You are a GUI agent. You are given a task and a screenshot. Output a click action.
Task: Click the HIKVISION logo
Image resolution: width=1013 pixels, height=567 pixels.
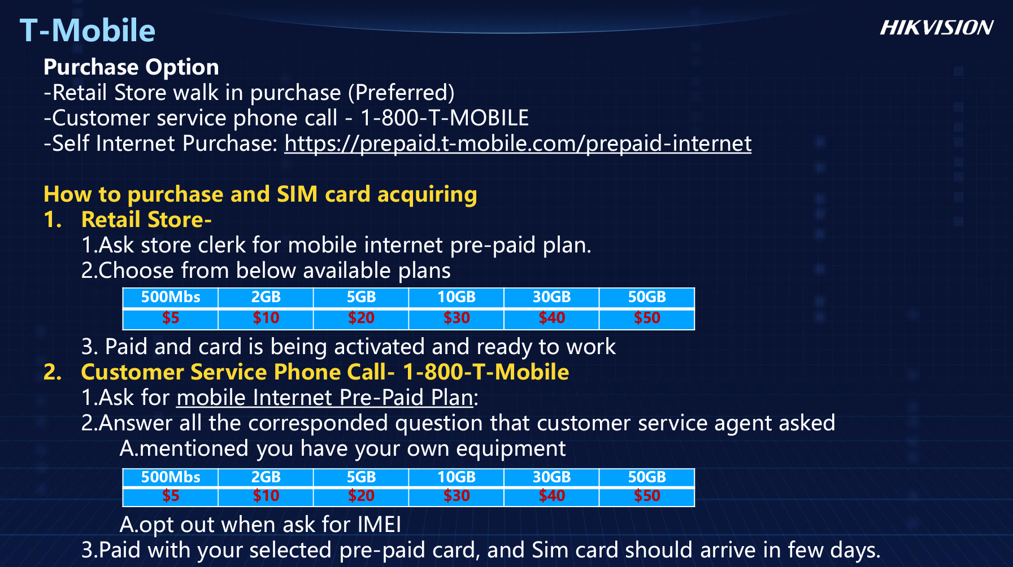point(936,28)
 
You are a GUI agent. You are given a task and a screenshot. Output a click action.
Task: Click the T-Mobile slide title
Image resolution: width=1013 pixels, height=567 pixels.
point(88,30)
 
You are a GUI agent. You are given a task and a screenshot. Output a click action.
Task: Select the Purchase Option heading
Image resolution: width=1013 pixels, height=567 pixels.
point(131,67)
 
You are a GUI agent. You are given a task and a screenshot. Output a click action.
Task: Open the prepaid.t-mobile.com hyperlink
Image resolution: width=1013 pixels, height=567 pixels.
point(518,143)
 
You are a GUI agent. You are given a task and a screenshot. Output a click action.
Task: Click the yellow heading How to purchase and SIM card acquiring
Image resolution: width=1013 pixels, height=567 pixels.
point(260,194)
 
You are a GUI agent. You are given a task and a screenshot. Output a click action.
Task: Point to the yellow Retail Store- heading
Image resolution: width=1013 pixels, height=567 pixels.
point(146,220)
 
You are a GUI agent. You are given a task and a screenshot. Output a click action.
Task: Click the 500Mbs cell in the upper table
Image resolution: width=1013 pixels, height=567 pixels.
point(171,297)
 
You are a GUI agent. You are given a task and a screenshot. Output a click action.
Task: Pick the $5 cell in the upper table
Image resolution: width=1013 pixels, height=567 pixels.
point(171,319)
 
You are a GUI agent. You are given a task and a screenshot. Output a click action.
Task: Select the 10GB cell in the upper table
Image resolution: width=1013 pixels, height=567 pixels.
point(456,297)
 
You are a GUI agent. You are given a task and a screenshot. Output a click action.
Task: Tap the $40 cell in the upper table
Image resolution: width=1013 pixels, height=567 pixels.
point(552,319)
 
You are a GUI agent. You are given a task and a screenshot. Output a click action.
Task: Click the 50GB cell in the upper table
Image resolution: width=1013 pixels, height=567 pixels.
point(647,297)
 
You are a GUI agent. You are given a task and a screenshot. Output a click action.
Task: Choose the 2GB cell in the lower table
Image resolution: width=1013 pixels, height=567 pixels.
point(266,477)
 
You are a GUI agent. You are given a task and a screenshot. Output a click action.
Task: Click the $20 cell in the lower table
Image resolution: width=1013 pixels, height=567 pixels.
point(361,496)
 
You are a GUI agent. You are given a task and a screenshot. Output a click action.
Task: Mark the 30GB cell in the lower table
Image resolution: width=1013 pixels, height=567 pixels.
point(552,477)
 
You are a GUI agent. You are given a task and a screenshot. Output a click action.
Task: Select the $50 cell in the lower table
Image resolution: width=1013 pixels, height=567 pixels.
point(647,496)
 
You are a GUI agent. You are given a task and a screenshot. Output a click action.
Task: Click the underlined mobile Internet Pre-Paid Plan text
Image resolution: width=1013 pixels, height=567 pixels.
point(325,398)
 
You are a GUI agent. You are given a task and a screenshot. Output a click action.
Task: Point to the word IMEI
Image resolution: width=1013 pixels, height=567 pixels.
point(379,525)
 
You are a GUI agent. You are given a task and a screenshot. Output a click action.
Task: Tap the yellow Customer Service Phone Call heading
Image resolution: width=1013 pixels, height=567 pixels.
point(325,372)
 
